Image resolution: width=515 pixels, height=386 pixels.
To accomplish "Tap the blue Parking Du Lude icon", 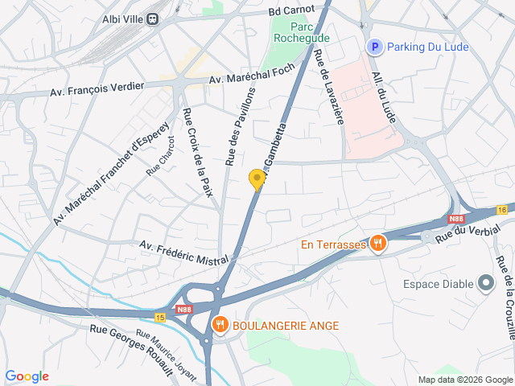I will point(374,47).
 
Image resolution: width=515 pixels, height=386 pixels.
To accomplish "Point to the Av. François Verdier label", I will point(97,88).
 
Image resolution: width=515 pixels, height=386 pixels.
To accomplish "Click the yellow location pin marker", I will point(257,179).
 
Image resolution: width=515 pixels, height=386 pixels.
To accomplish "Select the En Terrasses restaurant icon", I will point(378,244).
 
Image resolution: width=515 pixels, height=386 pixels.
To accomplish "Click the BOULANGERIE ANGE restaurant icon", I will point(219,325).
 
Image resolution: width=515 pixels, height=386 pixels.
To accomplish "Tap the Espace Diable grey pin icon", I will point(485,283).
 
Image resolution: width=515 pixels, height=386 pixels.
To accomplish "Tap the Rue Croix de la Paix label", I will point(200,152).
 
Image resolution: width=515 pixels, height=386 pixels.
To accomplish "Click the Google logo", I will point(27,376).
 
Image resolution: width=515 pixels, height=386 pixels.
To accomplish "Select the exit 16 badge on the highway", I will point(502,210).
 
